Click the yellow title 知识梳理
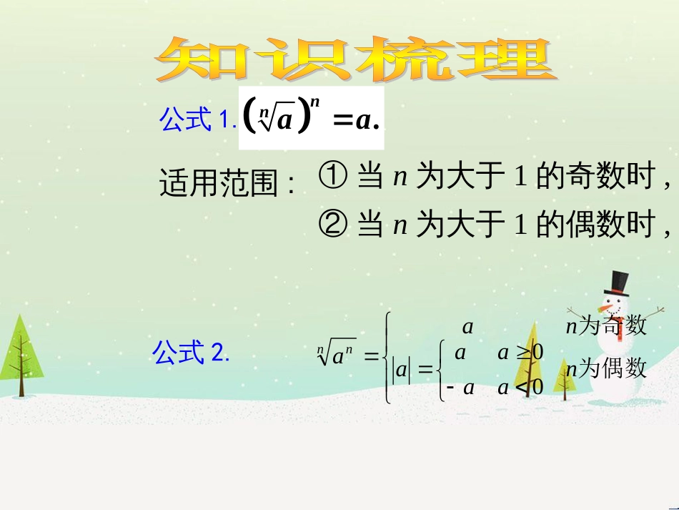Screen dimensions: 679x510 pyautogui.click(x=356, y=60)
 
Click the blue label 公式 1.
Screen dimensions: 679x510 pyautogui.click(x=198, y=119)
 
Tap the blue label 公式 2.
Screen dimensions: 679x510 pyautogui.click(x=191, y=351)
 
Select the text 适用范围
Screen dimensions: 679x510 pyautogui.click(x=219, y=183)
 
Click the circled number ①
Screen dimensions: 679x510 pyautogui.click(x=332, y=175)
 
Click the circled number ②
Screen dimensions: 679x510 pyautogui.click(x=332, y=224)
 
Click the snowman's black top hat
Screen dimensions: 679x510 pyautogui.click(x=619, y=284)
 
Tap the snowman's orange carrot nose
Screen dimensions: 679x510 pyautogui.click(x=605, y=309)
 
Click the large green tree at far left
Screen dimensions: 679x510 pyautogui.click(x=21, y=355)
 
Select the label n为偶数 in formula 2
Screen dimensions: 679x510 pyautogui.click(x=606, y=369)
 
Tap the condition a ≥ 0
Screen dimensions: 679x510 pyautogui.click(x=520, y=353)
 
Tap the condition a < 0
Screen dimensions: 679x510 pyautogui.click(x=520, y=388)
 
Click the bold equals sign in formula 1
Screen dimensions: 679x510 pyautogui.click(x=342, y=121)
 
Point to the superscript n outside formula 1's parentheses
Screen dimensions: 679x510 pyautogui.click(x=314, y=102)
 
